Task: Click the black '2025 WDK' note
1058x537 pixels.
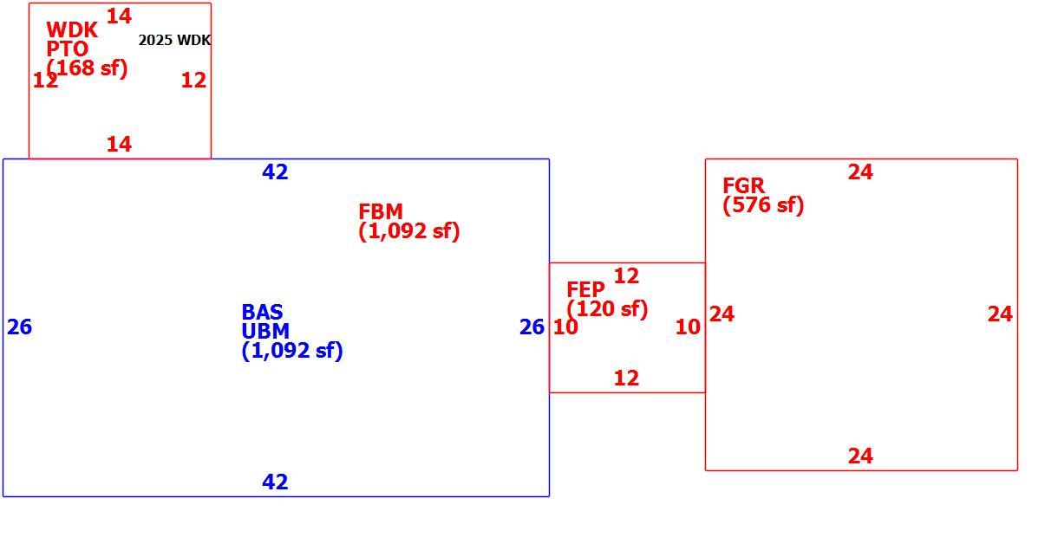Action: (x=174, y=40)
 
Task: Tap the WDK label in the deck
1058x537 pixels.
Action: (x=72, y=29)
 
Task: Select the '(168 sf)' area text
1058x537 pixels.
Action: (x=87, y=68)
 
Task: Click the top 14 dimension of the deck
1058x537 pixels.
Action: (x=119, y=16)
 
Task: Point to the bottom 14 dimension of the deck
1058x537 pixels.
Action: (x=119, y=144)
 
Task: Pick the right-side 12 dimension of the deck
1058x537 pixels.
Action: (x=193, y=81)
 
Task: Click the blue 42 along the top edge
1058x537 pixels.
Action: (x=275, y=171)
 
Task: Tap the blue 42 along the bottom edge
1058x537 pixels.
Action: (x=275, y=482)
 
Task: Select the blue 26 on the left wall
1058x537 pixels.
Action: (x=19, y=327)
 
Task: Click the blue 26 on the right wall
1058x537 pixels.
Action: (x=532, y=327)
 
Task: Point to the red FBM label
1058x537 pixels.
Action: (x=381, y=211)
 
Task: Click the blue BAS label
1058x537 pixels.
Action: (x=262, y=312)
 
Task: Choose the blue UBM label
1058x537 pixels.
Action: (x=265, y=331)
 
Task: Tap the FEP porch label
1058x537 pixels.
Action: (x=585, y=289)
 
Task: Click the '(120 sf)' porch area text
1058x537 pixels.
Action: (x=607, y=309)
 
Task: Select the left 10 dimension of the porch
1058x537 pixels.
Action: (x=565, y=327)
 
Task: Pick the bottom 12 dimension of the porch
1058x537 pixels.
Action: (x=626, y=378)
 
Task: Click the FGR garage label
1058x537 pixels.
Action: (x=743, y=185)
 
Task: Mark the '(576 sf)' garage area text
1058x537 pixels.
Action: (x=763, y=205)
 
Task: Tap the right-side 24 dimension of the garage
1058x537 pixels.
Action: (x=1000, y=314)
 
